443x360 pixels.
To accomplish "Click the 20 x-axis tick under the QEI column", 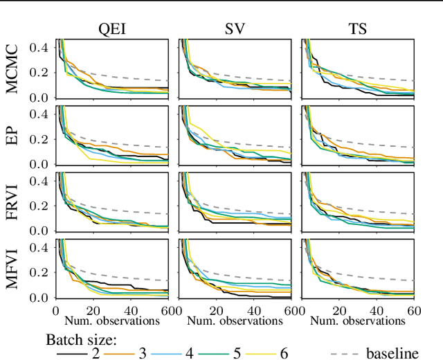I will [93, 312].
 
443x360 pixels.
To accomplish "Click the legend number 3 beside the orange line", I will [143, 353].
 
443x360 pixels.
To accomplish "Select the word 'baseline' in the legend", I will [392, 353].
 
